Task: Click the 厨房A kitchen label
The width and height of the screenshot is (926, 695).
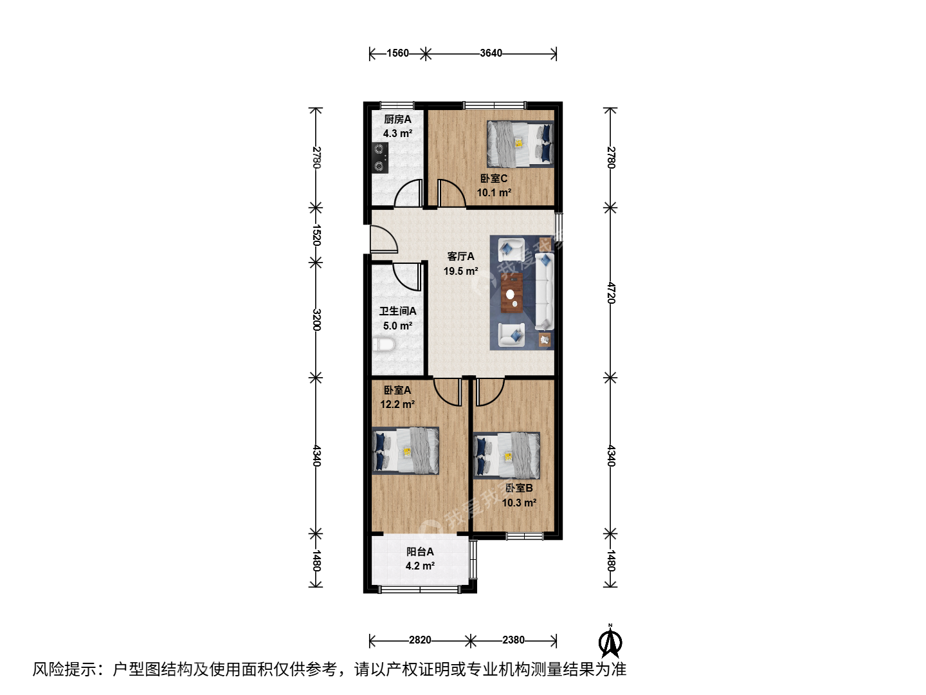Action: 397,120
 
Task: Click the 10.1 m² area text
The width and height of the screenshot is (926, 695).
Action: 494,193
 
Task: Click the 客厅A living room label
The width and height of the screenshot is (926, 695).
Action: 460,257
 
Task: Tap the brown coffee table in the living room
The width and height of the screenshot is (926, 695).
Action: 512,293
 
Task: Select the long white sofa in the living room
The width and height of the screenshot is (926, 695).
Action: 544,292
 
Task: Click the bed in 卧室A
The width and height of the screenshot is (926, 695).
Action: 405,450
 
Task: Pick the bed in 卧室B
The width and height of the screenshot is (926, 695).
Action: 506,456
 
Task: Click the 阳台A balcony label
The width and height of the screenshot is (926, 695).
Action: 420,551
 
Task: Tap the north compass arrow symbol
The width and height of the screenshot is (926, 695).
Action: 610,642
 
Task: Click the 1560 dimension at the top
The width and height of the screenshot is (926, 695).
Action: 397,53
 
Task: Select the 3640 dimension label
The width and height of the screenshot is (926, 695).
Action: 491,53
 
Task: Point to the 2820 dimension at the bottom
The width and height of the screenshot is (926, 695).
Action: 420,640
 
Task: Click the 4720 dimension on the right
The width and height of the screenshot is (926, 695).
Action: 611,292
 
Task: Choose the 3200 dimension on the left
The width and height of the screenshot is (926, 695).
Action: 316,320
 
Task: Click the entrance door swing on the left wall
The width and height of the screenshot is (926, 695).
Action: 384,239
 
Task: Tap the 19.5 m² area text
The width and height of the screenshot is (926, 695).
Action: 460,272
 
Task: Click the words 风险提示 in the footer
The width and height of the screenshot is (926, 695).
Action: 64,669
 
